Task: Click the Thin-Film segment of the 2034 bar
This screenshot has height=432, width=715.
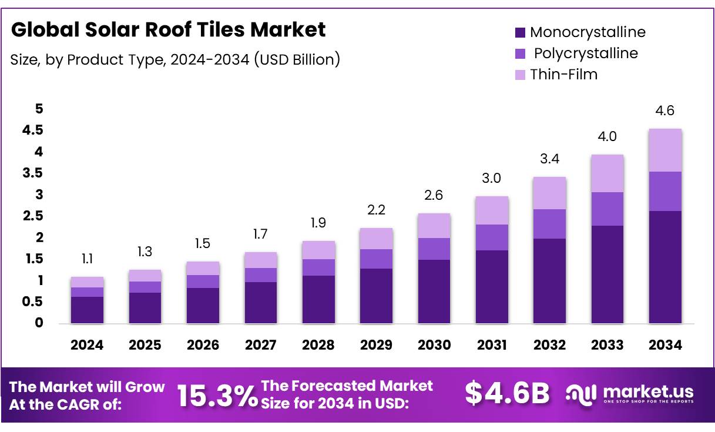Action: [x=665, y=150]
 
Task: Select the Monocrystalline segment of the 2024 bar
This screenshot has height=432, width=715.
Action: [x=87, y=310]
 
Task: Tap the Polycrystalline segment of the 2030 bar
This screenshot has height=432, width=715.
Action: [x=434, y=249]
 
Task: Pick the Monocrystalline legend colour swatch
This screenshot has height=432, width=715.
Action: [x=520, y=33]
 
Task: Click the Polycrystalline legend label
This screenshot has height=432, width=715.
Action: [x=585, y=53]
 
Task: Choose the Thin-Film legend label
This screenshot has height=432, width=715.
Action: [x=563, y=75]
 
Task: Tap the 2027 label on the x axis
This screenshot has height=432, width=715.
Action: [x=260, y=346]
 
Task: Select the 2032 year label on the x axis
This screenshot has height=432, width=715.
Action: [x=549, y=346]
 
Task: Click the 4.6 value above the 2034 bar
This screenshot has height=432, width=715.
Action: [x=665, y=111]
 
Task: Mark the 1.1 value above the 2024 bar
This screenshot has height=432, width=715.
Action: [x=87, y=259]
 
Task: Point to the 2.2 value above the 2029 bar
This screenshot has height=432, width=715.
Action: [x=376, y=210]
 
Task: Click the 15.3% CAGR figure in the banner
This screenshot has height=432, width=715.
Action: [x=217, y=396]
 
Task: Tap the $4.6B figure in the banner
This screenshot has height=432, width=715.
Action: [x=506, y=394]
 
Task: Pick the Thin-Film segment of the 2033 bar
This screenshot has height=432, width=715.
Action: [x=607, y=173]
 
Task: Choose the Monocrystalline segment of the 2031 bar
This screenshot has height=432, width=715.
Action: [x=492, y=287]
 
